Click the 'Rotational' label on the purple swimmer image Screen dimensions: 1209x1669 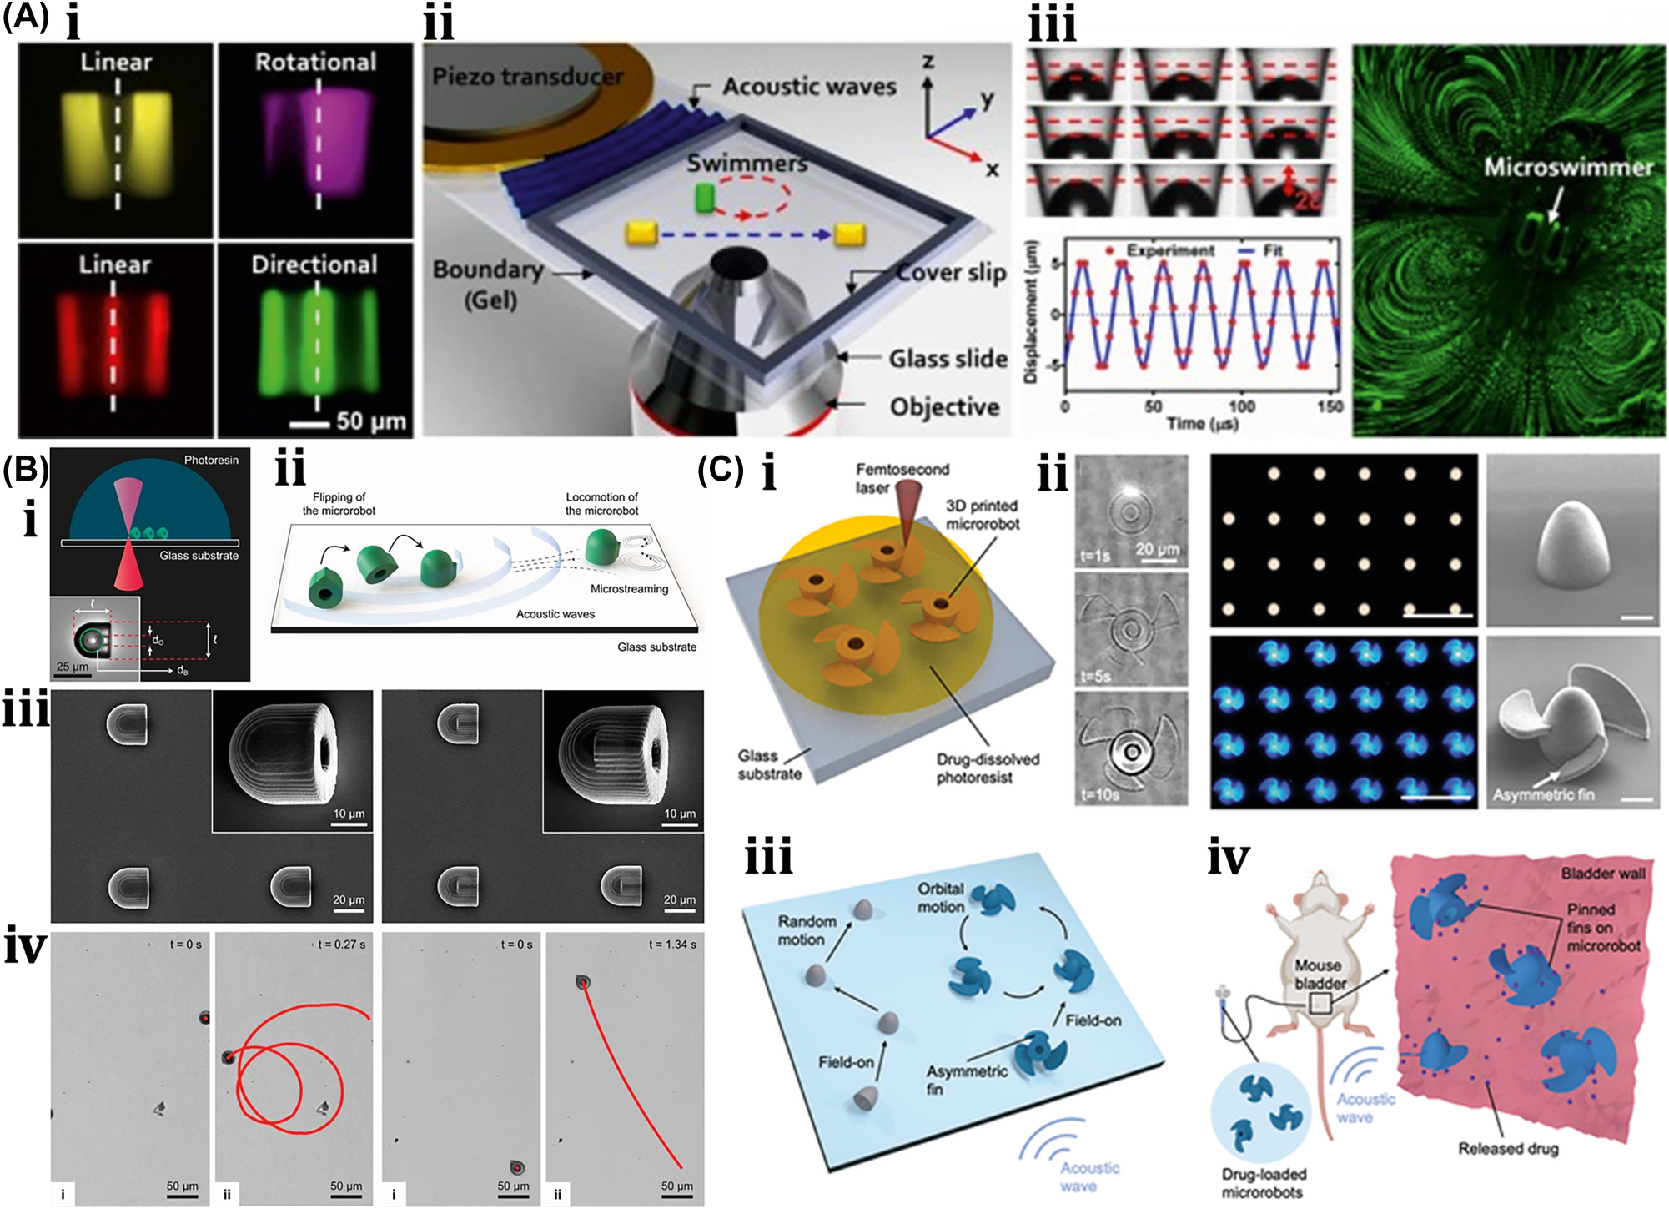click(x=315, y=62)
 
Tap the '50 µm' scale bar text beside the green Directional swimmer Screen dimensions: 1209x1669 click(x=371, y=421)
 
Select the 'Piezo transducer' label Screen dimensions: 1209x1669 click(x=527, y=77)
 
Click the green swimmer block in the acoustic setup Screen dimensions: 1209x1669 click(x=706, y=198)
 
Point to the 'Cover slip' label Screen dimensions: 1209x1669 click(x=951, y=273)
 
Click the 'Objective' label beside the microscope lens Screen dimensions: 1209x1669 click(x=944, y=407)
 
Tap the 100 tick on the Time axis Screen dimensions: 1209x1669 click(x=1241, y=406)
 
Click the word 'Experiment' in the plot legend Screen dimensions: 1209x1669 click(x=1170, y=250)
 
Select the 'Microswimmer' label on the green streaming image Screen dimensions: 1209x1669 click(x=1568, y=168)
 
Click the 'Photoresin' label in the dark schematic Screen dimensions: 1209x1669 click(x=211, y=460)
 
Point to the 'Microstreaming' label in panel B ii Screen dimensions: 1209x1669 click(x=629, y=589)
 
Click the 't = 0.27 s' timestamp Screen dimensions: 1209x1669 click(x=341, y=945)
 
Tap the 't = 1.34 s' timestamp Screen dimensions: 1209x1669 click(x=673, y=945)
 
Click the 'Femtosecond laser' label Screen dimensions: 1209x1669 click(x=901, y=478)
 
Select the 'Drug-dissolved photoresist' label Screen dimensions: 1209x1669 click(x=987, y=768)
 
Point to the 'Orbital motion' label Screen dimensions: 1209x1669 click(x=941, y=898)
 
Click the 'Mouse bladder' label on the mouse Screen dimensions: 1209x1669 click(x=1320, y=974)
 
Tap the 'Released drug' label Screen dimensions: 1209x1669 click(x=1508, y=1149)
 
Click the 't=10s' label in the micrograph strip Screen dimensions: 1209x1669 click(x=1100, y=795)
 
